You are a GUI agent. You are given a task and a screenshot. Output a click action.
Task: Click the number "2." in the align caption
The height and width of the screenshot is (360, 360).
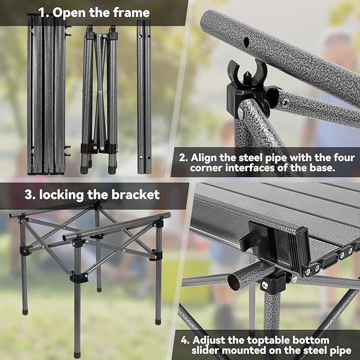coord(183,157)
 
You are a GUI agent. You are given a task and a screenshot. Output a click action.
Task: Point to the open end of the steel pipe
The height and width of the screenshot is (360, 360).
coord(234,282)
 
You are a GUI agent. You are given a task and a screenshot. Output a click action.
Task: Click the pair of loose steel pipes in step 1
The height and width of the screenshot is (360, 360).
coord(144,95)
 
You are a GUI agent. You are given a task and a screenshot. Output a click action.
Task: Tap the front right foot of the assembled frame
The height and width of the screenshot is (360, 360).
coord(159,320)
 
